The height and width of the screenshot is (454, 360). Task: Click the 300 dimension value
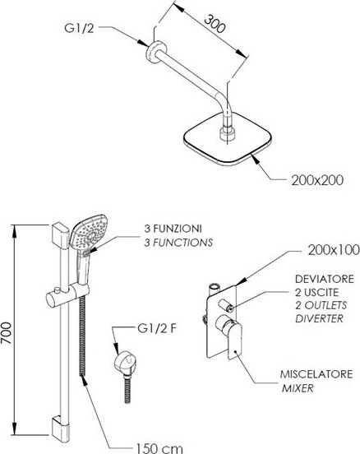tap(215, 24)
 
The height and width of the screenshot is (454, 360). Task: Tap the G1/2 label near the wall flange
tap(79, 28)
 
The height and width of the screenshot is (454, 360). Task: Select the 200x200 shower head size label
tap(317, 180)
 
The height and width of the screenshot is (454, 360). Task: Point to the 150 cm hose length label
tap(159, 448)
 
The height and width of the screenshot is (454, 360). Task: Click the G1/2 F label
tap(157, 328)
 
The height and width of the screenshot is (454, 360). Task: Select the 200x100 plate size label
tap(334, 250)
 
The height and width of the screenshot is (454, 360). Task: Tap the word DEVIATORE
tap(325, 279)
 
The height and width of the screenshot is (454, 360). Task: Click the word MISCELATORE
tap(316, 374)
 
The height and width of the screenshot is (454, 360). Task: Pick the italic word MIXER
tap(298, 388)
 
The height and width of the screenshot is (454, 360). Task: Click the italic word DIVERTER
tap(319, 318)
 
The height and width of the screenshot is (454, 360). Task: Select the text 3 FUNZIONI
tap(173, 229)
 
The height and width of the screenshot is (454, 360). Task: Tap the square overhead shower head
tap(228, 139)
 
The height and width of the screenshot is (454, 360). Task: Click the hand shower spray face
tap(88, 232)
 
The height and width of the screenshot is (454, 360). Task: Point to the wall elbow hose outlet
tap(125, 364)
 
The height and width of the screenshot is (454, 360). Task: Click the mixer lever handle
tap(234, 340)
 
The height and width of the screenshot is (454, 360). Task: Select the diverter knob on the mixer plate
tap(226, 305)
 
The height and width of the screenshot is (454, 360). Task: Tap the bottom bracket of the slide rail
tap(61, 429)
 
